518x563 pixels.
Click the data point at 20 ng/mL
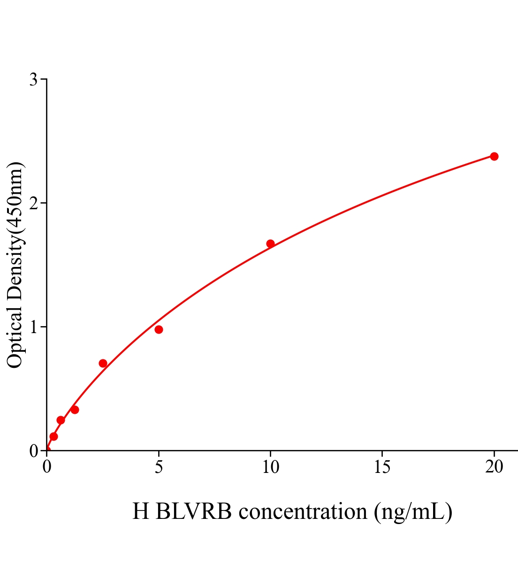pyautogui.click(x=494, y=156)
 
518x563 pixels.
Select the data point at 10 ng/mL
pyautogui.click(x=270, y=243)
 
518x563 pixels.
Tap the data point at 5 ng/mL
pyautogui.click(x=159, y=329)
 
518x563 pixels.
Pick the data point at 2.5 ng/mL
pyautogui.click(x=103, y=363)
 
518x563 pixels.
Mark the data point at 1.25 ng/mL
pyautogui.click(x=75, y=410)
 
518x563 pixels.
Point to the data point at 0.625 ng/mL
pyautogui.click(x=61, y=420)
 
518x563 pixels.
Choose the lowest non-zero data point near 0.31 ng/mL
pyautogui.click(x=53, y=436)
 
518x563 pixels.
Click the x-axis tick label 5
pyautogui.click(x=159, y=467)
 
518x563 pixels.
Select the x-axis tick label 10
pyautogui.click(x=270, y=467)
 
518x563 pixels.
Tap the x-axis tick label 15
pyautogui.click(x=382, y=467)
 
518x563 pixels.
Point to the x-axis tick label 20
pyautogui.click(x=494, y=467)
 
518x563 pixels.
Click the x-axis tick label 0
pyautogui.click(x=47, y=467)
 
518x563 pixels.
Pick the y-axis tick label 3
pyautogui.click(x=34, y=80)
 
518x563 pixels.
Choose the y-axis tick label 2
pyautogui.click(x=34, y=203)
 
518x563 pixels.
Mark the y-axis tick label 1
pyautogui.click(x=34, y=327)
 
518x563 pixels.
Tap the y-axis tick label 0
pyautogui.click(x=34, y=451)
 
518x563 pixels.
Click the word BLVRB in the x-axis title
pyautogui.click(x=193, y=511)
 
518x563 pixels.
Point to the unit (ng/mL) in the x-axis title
pyautogui.click(x=413, y=511)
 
